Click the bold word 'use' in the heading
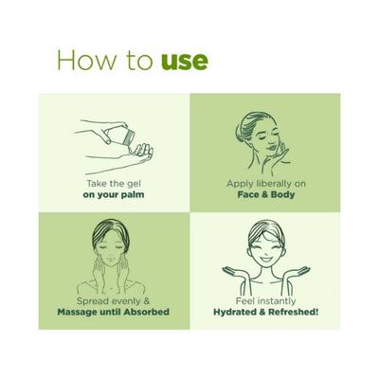pyautogui.click(x=182, y=62)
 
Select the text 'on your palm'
pyautogui.click(x=113, y=194)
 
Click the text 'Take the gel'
pyautogui.click(x=113, y=182)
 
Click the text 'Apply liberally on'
pyautogui.click(x=265, y=182)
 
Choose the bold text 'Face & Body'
pyautogui.click(x=265, y=194)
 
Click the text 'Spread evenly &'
pyautogui.click(x=113, y=299)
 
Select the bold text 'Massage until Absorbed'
pyautogui.click(x=113, y=312)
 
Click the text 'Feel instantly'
pyautogui.click(x=265, y=299)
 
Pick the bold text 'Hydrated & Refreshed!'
pyautogui.click(x=265, y=312)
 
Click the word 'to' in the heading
pyautogui.click(x=136, y=62)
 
